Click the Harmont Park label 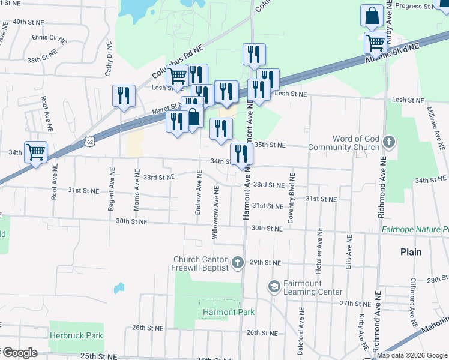click(x=228, y=312)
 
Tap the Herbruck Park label click(x=76, y=336)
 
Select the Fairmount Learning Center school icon click(x=275, y=284)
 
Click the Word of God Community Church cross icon click(x=389, y=142)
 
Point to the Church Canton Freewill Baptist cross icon click(x=238, y=262)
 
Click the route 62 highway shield click(x=89, y=142)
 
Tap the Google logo click(x=19, y=353)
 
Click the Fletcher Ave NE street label click(x=319, y=251)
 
